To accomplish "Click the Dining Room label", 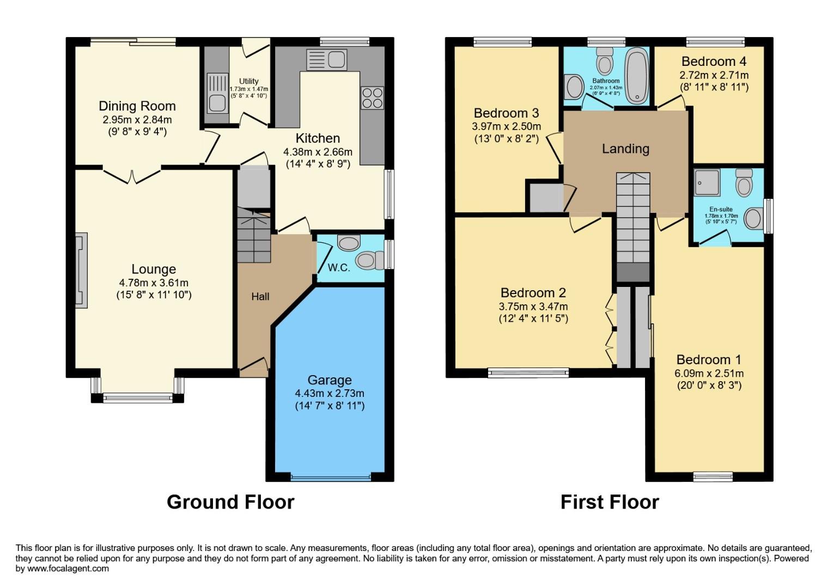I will click(137, 106).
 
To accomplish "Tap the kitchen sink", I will click(326, 59).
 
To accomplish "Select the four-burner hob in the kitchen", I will click(372, 98).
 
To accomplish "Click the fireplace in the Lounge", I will click(81, 271).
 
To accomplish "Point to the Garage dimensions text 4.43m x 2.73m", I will click(329, 393).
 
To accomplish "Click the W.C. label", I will click(338, 267).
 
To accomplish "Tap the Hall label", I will click(260, 297).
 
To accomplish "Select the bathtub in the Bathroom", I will click(636, 76).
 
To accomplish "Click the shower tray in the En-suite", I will click(707, 182).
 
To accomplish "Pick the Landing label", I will click(625, 149).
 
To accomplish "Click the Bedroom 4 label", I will click(714, 62).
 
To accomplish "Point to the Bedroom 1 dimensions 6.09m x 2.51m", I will click(709, 373).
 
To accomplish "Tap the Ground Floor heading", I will click(230, 501).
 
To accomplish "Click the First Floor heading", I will click(610, 501).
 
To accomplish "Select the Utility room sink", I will click(217, 101).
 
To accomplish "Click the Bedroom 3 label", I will click(506, 113).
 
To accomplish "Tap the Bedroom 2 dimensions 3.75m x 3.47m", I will click(533, 307).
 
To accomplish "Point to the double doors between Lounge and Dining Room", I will click(132, 175).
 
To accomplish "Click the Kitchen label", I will click(318, 138).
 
